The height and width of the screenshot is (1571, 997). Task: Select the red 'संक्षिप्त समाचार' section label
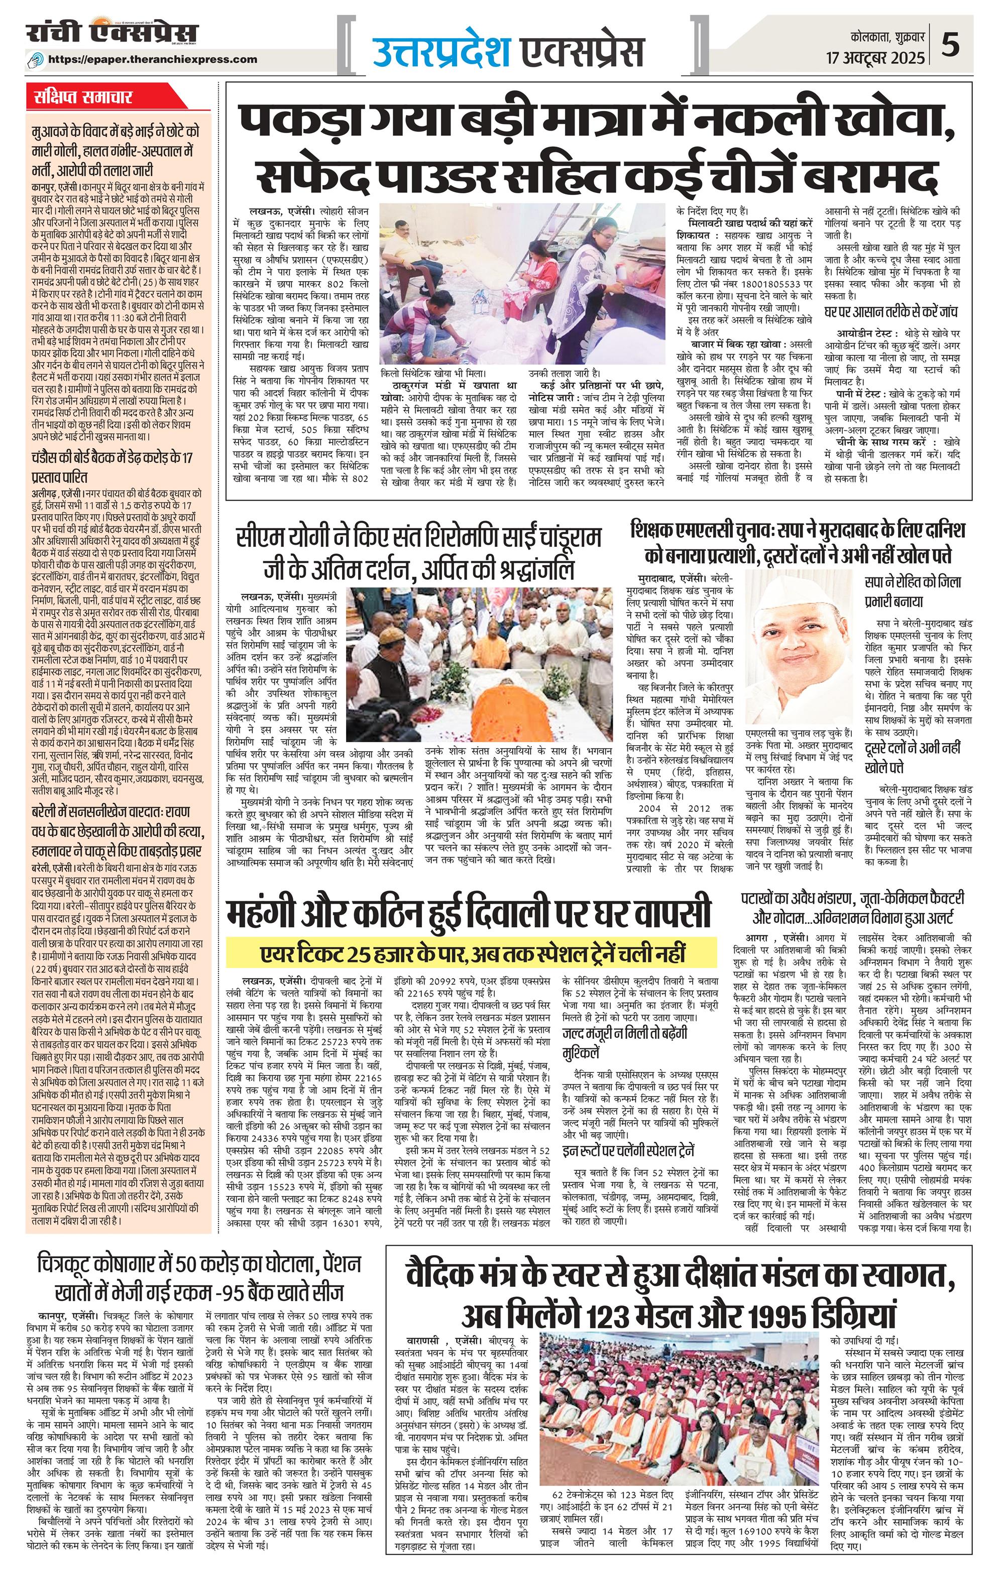83,98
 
